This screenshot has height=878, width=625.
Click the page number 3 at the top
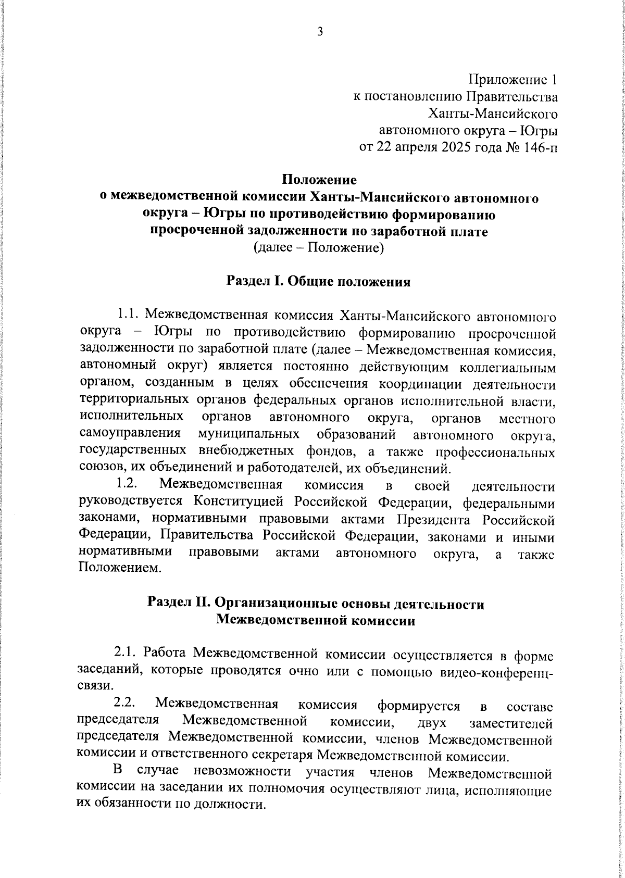[320, 32]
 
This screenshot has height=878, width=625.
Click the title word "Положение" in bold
[319, 180]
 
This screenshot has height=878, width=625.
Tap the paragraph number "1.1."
[127, 315]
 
